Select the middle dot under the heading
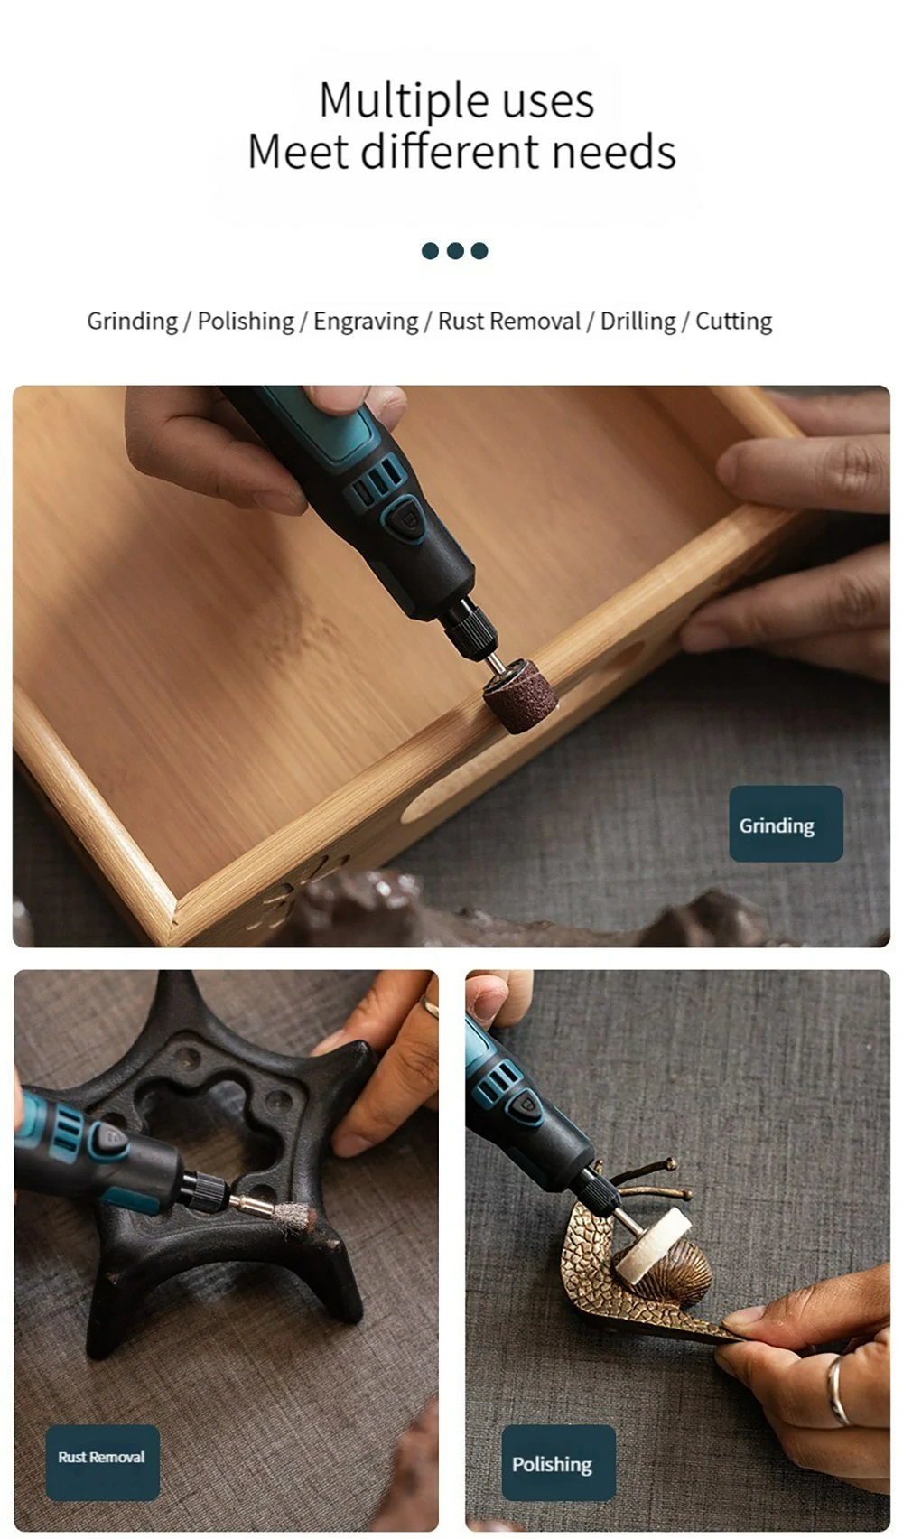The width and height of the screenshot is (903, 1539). tap(455, 250)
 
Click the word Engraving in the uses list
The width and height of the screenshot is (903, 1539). tap(366, 322)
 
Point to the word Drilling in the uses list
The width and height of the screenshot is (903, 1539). tap(638, 322)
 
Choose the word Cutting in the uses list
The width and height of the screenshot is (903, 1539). tap(733, 322)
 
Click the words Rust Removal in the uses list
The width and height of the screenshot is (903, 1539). tap(509, 322)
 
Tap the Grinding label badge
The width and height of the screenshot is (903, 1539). tap(786, 824)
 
